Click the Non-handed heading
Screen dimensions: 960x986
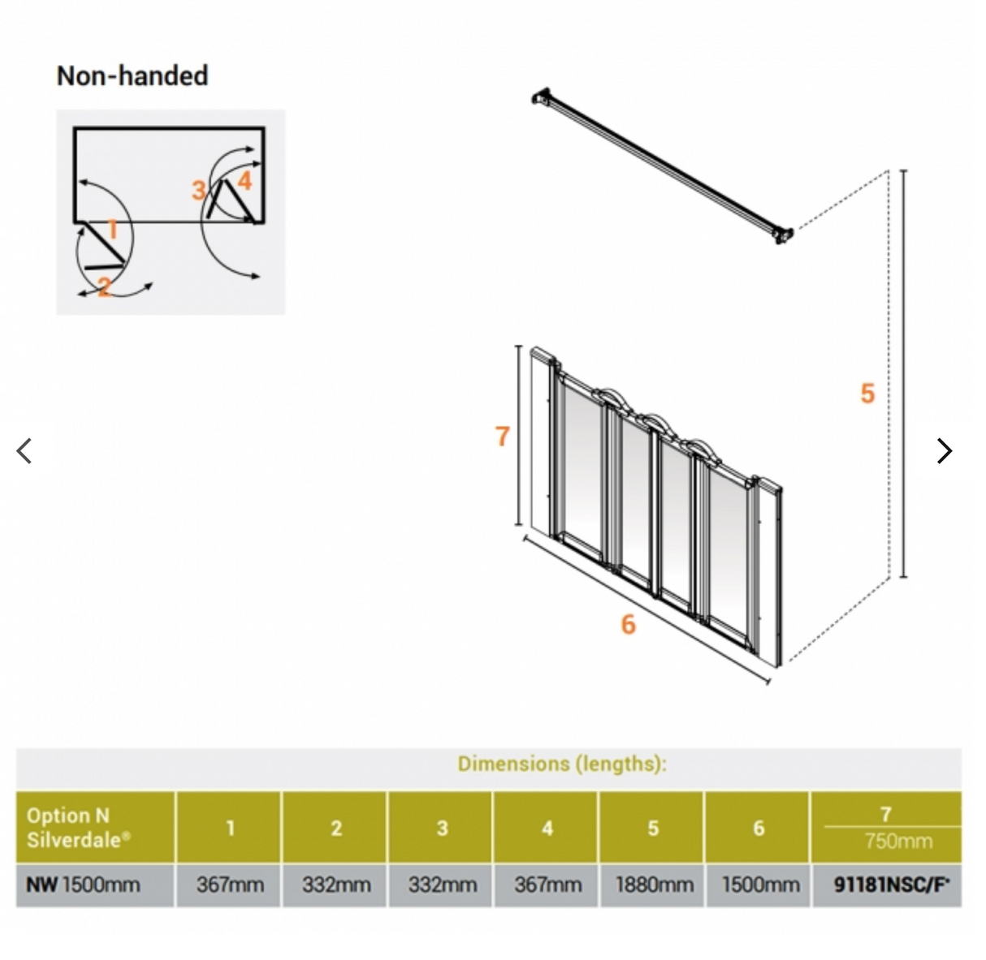(x=132, y=75)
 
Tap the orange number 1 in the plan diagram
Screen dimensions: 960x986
(x=113, y=230)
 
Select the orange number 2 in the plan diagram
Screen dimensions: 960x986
(x=104, y=286)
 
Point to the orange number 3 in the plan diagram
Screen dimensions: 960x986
(x=198, y=191)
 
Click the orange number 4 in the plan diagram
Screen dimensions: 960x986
(x=244, y=180)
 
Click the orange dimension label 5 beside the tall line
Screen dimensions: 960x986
(x=867, y=394)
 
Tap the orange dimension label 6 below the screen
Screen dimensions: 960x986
(x=628, y=624)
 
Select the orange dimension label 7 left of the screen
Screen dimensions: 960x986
(x=502, y=437)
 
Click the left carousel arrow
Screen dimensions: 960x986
(x=24, y=450)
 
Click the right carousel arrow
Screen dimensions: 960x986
(x=944, y=450)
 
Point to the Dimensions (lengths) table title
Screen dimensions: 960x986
(x=561, y=764)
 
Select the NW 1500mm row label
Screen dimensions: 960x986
(x=83, y=885)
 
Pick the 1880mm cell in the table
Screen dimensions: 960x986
(x=653, y=885)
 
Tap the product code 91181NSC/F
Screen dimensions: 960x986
(x=891, y=885)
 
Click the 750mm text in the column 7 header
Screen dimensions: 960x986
(x=898, y=841)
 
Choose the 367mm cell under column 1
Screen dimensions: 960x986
(x=230, y=885)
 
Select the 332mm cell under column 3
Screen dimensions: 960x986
(x=442, y=885)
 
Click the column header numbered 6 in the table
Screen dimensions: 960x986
(x=759, y=828)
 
